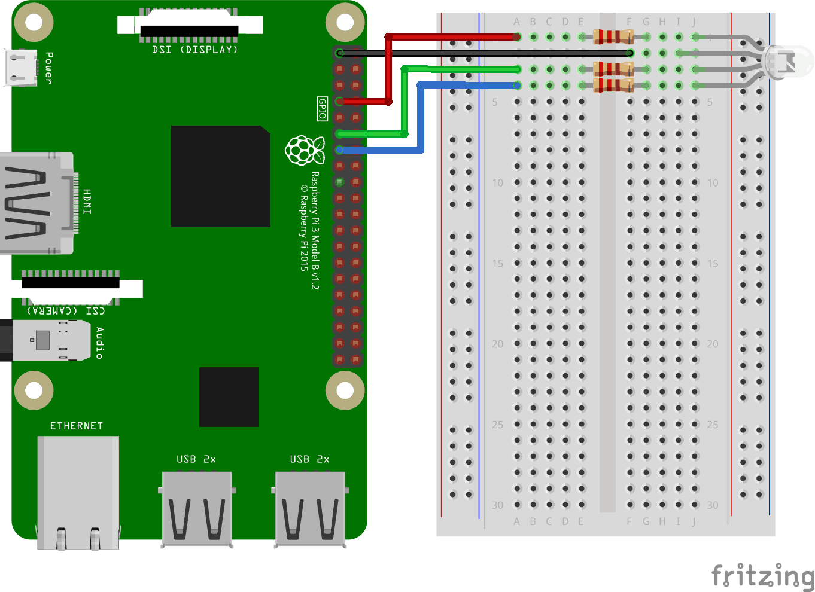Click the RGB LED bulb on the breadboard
tap(789, 61)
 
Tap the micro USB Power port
tap(20, 67)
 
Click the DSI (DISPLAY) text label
tap(195, 50)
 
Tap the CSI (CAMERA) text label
tap(66, 310)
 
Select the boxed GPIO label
tap(323, 109)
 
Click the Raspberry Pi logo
tap(305, 150)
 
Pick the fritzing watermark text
tap(762, 576)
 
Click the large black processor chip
tap(220, 176)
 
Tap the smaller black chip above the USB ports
tap(229, 396)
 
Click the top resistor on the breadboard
tap(613, 37)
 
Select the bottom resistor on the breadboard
tap(613, 86)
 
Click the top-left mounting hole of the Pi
tap(34, 23)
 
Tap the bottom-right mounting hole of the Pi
tap(345, 390)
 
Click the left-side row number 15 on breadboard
tap(497, 263)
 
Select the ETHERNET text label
tap(77, 426)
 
